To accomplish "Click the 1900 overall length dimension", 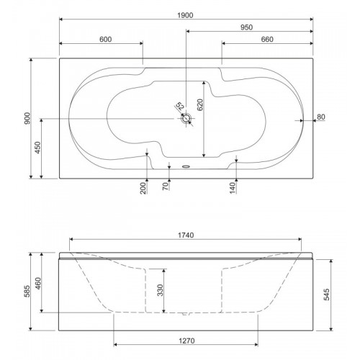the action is coord(185,15).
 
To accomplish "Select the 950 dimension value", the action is coord(246,27).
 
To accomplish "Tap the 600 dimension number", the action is coord(105,40).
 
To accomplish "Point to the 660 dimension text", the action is coord(267,40).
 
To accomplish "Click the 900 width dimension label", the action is coord(27,118).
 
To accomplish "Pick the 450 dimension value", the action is coord(38,148).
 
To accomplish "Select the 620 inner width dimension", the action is coord(200,104).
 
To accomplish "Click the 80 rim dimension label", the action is coord(321,117).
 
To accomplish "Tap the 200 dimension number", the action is coord(143,188).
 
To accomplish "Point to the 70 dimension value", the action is coord(166,186).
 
